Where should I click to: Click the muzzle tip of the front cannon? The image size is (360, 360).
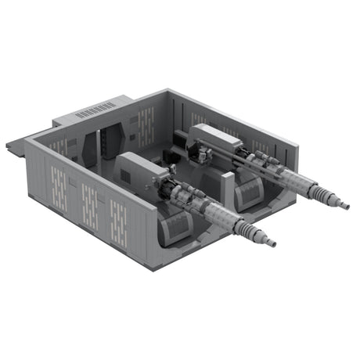(273, 244)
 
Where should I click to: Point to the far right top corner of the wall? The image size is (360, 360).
(298, 146)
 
